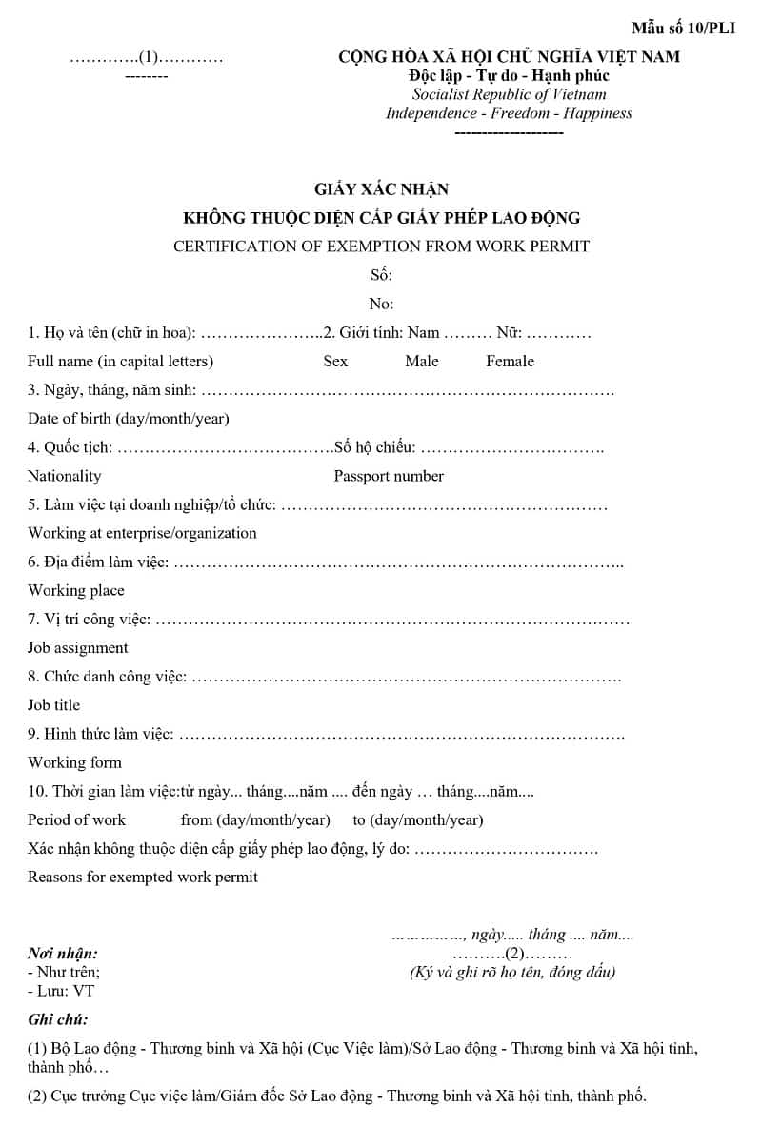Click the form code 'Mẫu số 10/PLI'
point(683,28)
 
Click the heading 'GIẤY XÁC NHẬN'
point(381,189)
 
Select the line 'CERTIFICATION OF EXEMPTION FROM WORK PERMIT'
point(381,247)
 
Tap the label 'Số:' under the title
point(381,276)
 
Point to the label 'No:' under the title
point(381,305)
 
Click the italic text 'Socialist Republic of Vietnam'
point(509,94)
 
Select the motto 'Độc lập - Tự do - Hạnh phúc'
point(509,75)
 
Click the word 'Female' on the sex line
point(510,362)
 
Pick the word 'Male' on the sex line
point(422,362)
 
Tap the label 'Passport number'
point(389,476)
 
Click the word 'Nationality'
point(64,476)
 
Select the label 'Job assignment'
point(78,648)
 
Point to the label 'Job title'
point(54,705)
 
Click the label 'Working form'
point(75,762)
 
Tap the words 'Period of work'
point(76,819)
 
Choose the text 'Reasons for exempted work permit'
point(143,877)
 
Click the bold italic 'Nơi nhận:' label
point(63,953)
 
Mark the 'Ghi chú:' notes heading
point(58,1019)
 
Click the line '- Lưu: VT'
point(61,991)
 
